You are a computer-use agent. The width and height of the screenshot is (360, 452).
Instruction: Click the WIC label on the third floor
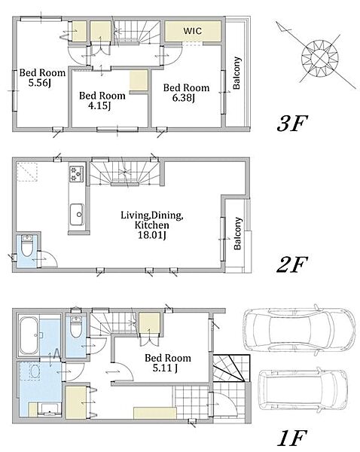tap(193, 31)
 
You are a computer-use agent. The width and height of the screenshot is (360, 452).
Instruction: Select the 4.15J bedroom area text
tap(99, 106)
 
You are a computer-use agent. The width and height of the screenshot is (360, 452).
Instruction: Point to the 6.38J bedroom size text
tap(184, 98)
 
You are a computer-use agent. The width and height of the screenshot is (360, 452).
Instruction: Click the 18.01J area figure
tap(152, 236)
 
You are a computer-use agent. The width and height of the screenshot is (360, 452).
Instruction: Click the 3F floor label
tap(292, 124)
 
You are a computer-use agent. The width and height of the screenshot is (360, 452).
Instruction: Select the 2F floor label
tap(291, 264)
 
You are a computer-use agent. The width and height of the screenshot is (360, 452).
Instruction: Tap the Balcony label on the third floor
tap(236, 73)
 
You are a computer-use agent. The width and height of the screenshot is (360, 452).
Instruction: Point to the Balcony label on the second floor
tap(238, 234)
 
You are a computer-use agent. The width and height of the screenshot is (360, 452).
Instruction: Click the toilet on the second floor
tap(27, 247)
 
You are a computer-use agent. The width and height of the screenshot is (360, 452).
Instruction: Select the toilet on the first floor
tap(76, 327)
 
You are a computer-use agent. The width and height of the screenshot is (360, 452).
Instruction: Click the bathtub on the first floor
tap(29, 335)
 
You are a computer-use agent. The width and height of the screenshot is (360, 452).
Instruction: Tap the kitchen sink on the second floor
tap(77, 215)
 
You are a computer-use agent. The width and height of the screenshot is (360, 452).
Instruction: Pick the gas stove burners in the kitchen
tap(76, 174)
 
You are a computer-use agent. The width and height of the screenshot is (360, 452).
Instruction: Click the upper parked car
tap(299, 329)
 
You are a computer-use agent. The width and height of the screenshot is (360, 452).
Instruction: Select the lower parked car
tap(303, 389)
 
